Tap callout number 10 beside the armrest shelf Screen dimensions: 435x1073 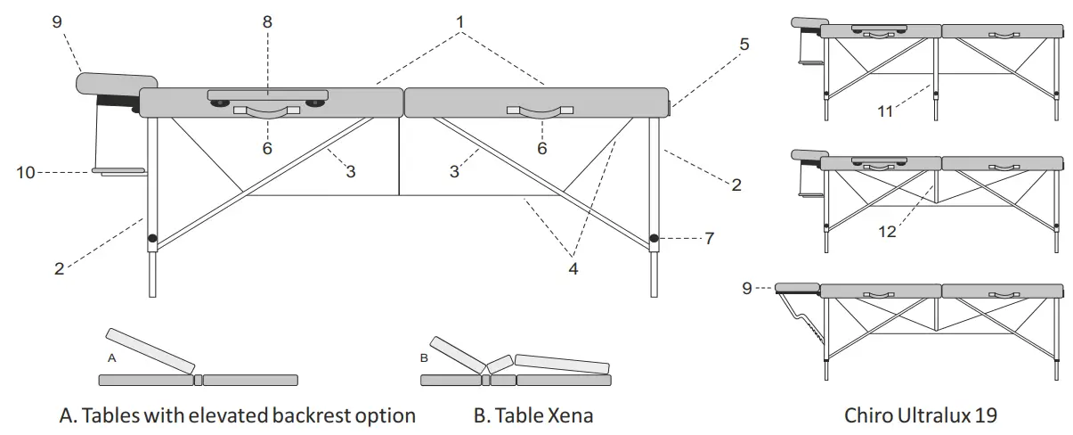[26, 171]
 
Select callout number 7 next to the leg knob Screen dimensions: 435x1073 [709, 238]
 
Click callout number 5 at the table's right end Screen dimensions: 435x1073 [744, 43]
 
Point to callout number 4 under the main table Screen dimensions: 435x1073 [573, 267]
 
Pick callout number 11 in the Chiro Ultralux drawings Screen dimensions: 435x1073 [885, 111]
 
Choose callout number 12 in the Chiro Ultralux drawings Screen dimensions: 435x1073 [887, 232]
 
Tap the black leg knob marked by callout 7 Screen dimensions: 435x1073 [654, 238]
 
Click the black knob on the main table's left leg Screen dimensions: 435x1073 [152, 238]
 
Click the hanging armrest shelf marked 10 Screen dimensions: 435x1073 [119, 170]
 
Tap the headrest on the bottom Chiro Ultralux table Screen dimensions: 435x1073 [797, 287]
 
